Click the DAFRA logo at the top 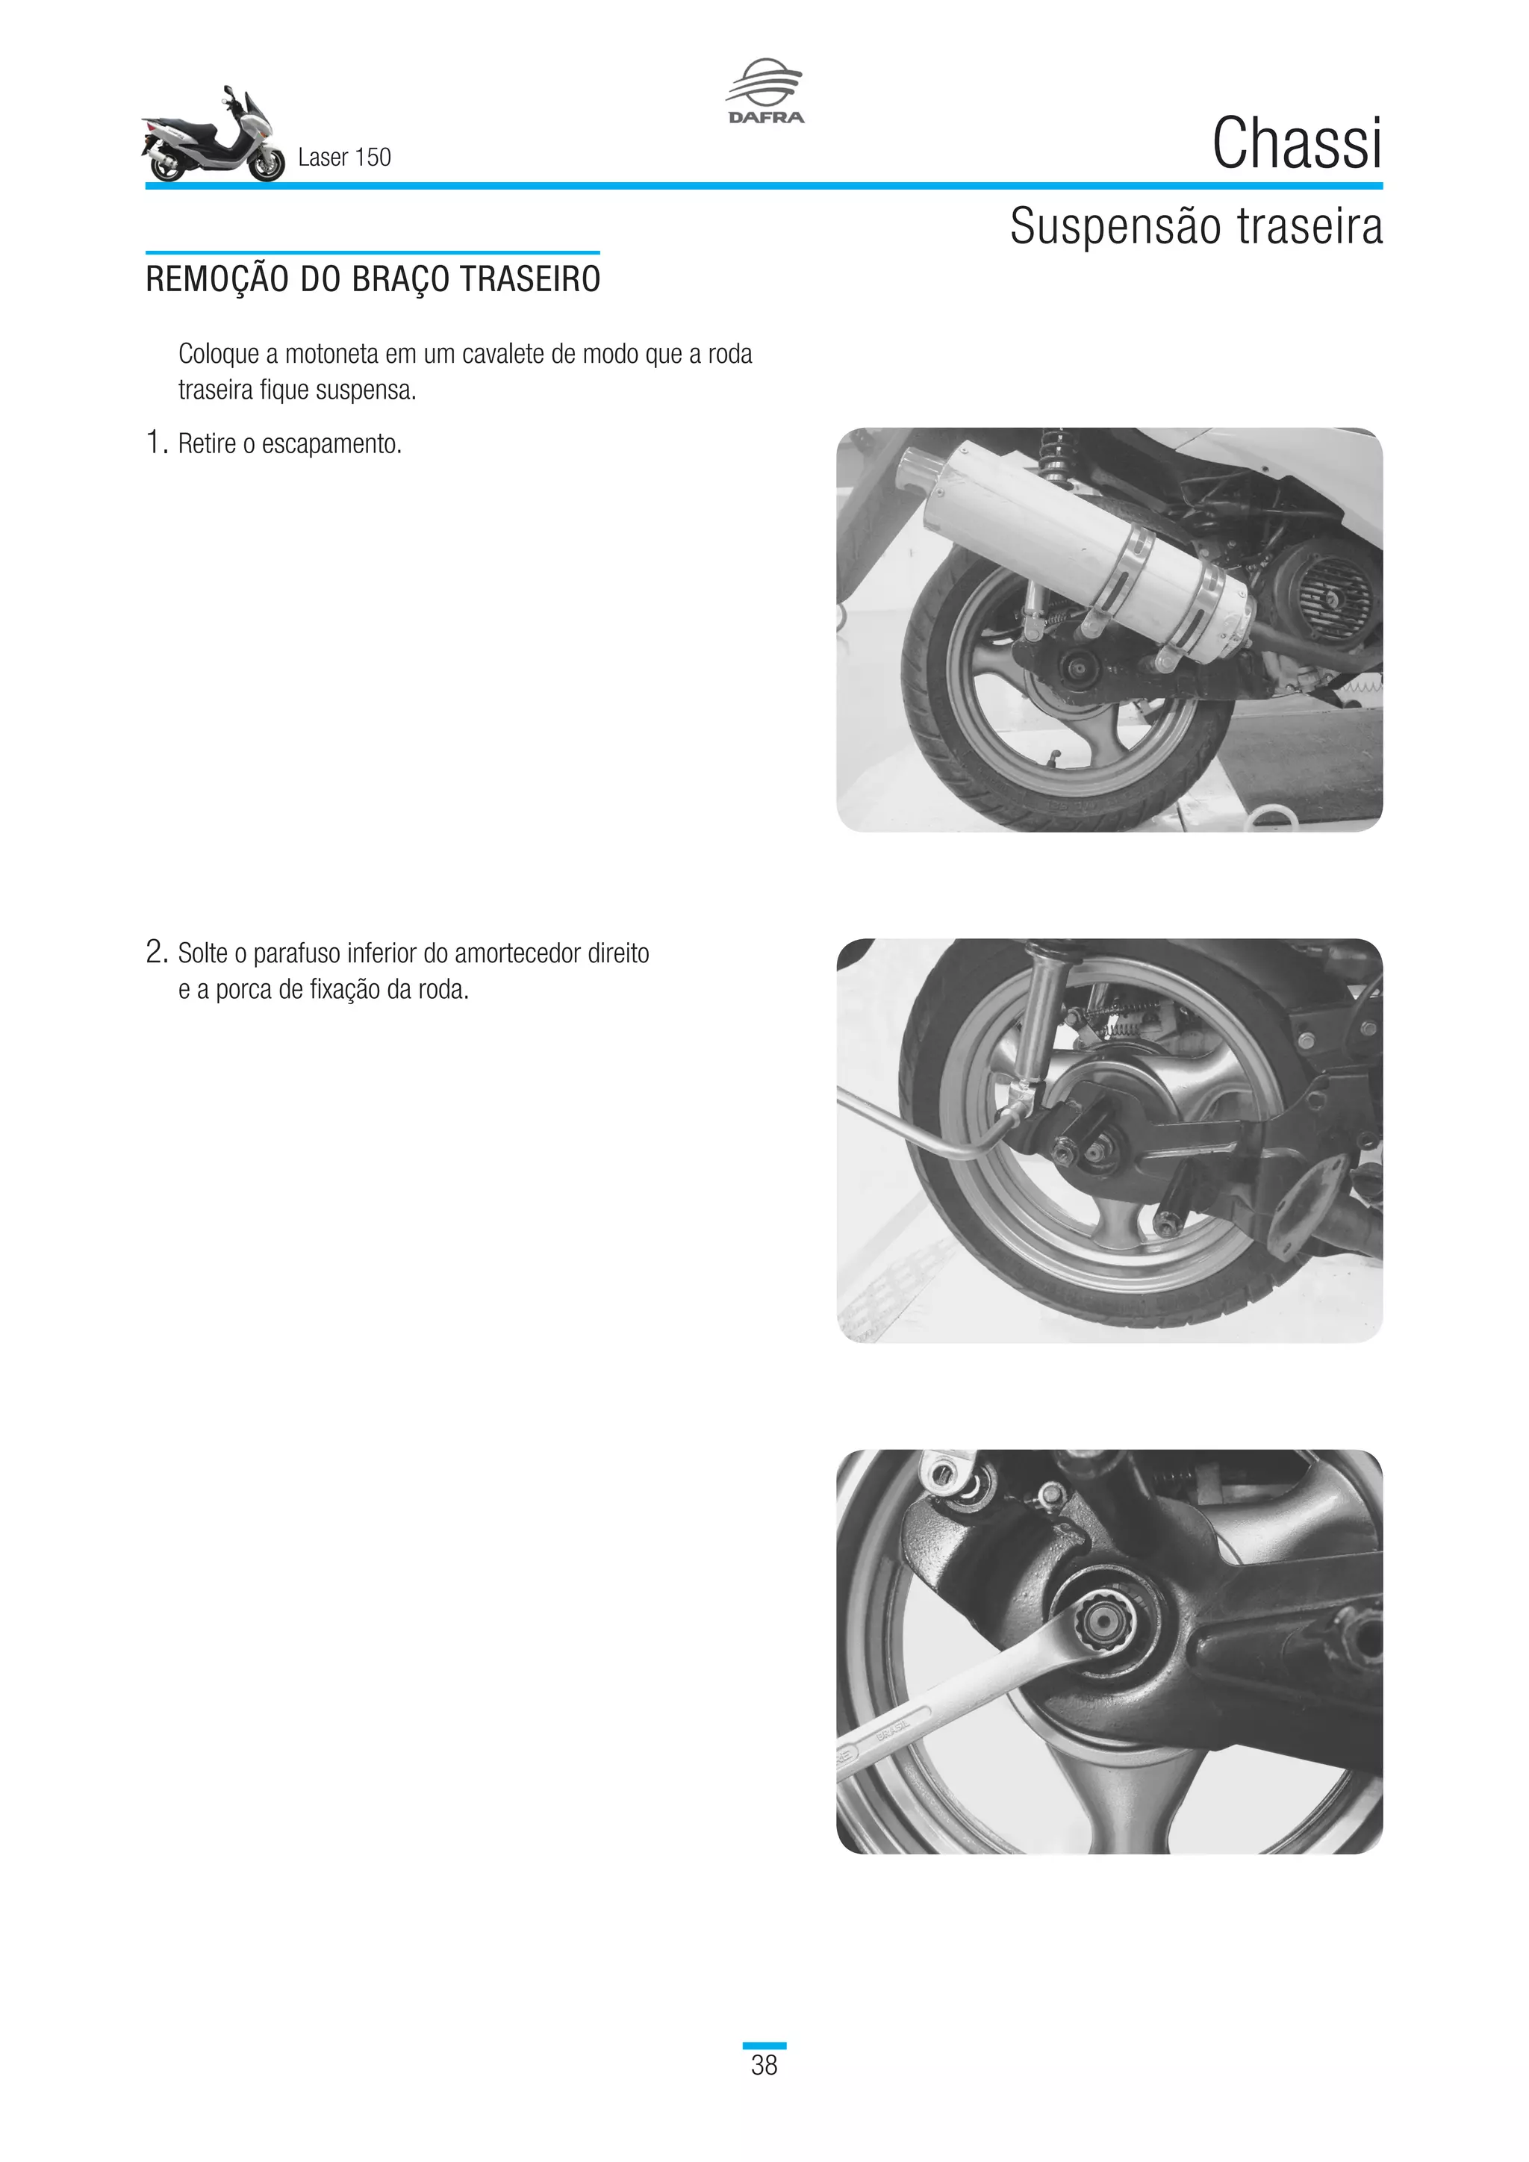[x=765, y=91]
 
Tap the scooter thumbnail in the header [x=214, y=137]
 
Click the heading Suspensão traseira [x=1196, y=226]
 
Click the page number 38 [x=764, y=2065]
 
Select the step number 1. [x=155, y=442]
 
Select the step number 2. [x=155, y=952]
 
